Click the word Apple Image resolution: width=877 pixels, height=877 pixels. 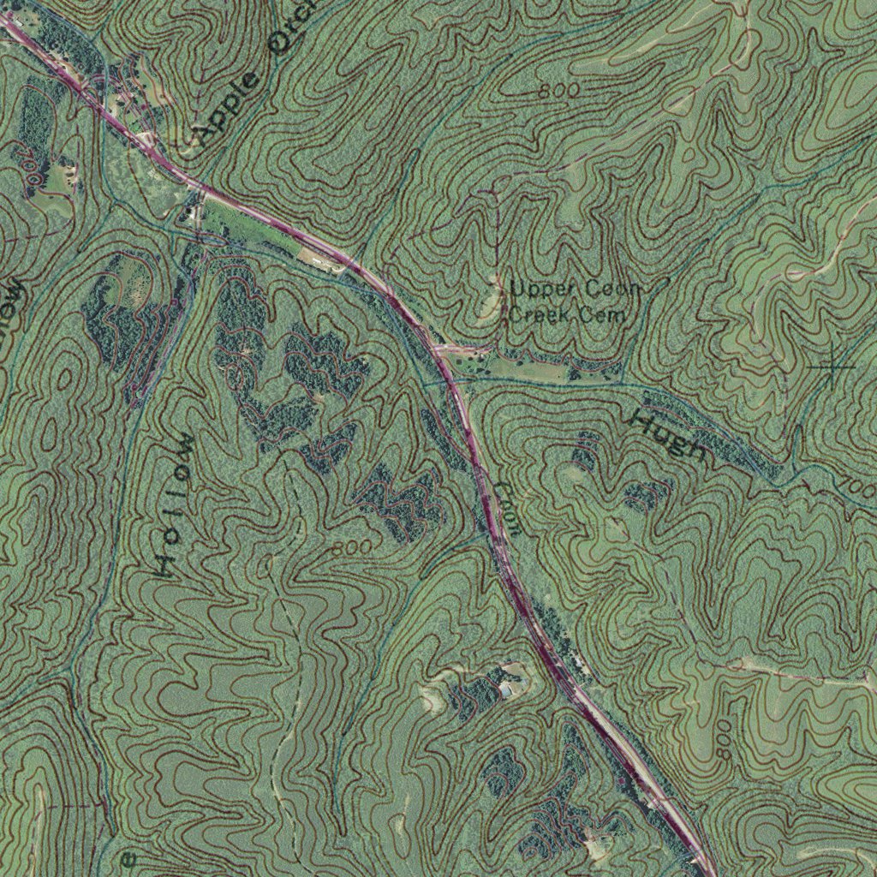point(227,107)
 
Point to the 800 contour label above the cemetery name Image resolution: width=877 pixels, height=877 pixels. point(560,90)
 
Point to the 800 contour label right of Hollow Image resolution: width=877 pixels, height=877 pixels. point(352,546)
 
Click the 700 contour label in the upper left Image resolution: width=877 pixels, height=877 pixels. point(30,166)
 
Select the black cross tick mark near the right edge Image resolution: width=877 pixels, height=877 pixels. point(832,367)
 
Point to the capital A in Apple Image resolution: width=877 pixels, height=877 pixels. point(206,133)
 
